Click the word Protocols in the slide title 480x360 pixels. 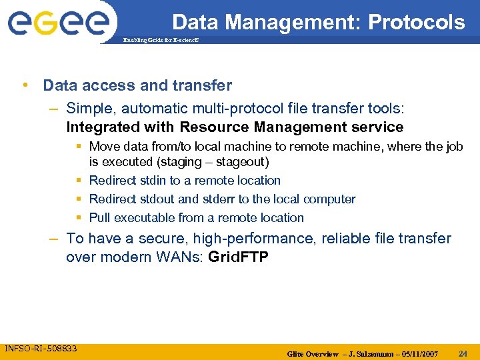tap(416, 23)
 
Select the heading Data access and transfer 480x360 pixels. tap(137, 85)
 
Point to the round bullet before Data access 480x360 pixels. tap(25, 85)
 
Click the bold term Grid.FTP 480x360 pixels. tap(239, 257)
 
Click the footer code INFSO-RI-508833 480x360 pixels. tap(41, 348)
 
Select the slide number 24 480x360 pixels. tap(463, 353)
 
